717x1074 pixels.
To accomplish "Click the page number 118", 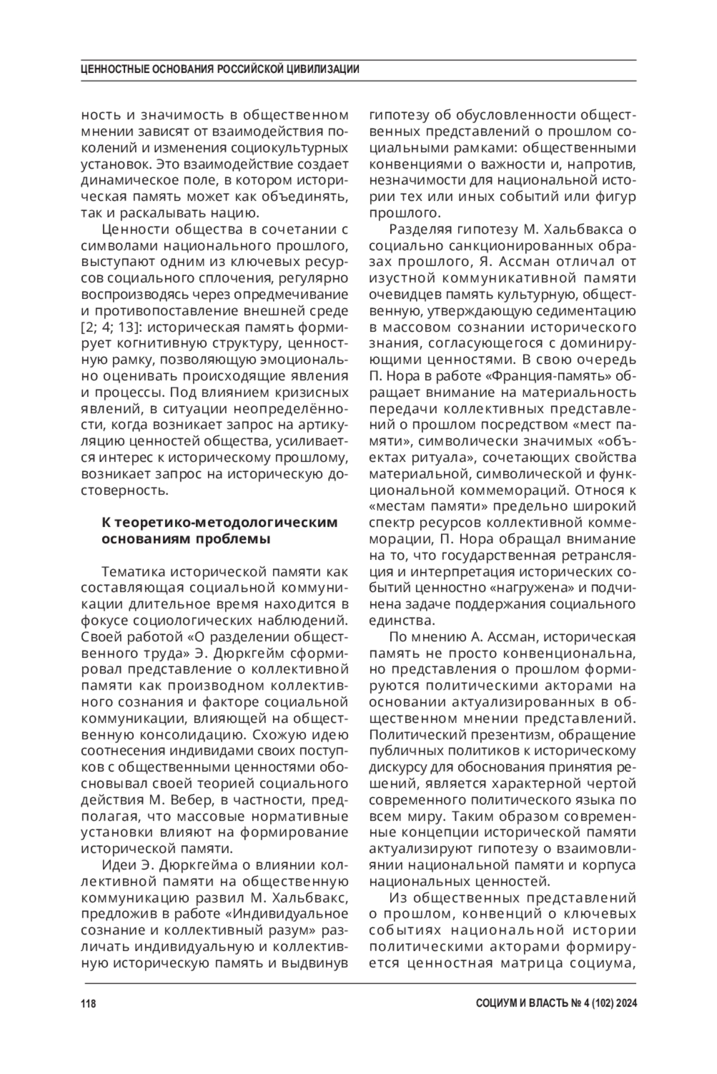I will coord(88,1003).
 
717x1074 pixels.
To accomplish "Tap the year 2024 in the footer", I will coord(624,1003).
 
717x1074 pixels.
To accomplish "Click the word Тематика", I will coord(131,571).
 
